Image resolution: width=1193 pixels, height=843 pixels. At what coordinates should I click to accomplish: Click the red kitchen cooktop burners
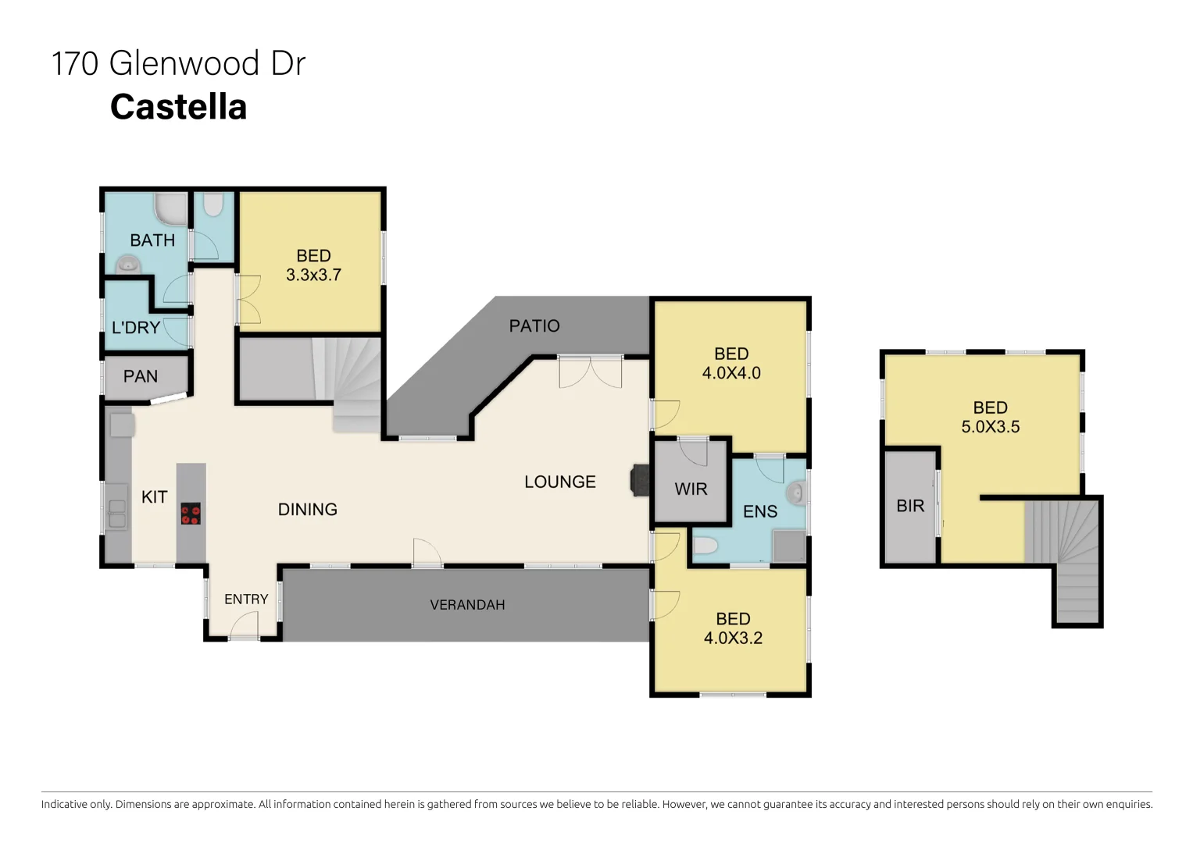click(191, 514)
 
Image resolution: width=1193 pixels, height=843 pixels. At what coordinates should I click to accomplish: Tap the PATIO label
click(534, 326)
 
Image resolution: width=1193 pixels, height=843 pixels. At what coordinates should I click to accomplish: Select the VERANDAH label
click(467, 605)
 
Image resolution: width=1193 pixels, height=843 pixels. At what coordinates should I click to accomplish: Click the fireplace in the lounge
click(640, 480)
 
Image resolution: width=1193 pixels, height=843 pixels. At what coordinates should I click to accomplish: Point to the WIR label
click(691, 489)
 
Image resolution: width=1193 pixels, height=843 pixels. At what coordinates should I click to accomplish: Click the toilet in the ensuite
click(705, 546)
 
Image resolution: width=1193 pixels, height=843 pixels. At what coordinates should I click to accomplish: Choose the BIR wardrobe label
click(910, 506)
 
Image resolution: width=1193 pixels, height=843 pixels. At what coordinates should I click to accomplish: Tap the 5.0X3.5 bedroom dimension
click(990, 427)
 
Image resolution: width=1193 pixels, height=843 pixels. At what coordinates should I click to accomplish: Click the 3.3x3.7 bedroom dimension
click(313, 275)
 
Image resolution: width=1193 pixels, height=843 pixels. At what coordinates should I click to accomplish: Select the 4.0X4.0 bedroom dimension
click(731, 373)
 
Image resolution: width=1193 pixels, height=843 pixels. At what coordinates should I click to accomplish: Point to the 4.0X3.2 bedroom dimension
click(733, 638)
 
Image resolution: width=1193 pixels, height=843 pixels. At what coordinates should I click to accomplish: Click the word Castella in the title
click(178, 107)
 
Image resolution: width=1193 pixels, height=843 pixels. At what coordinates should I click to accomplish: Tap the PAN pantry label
click(141, 376)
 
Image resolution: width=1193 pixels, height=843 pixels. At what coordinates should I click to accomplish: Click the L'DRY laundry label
click(136, 328)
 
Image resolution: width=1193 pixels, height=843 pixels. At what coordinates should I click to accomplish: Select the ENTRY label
click(246, 599)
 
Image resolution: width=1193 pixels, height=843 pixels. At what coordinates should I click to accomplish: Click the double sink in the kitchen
click(116, 514)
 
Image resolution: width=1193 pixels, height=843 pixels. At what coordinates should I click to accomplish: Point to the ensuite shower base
click(789, 546)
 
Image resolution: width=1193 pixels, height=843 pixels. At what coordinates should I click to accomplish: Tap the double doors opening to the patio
click(590, 372)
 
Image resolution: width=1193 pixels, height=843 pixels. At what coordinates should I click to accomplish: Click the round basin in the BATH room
click(127, 265)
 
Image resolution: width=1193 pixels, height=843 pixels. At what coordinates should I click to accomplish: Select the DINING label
click(308, 510)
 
